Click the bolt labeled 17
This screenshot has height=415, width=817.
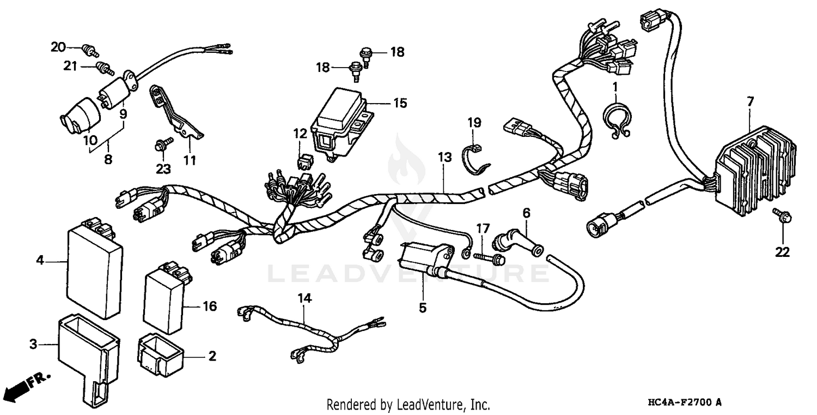[490, 256]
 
